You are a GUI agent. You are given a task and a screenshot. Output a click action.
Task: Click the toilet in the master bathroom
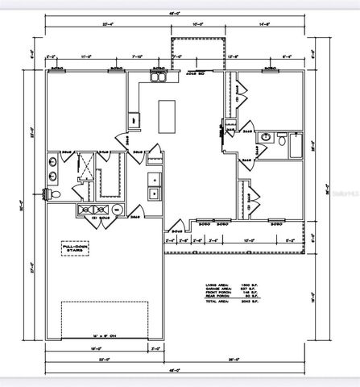click(x=49, y=195)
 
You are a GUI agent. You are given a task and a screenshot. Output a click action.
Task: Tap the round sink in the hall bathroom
click(x=264, y=139)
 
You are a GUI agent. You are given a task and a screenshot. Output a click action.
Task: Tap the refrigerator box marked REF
click(x=134, y=120)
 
